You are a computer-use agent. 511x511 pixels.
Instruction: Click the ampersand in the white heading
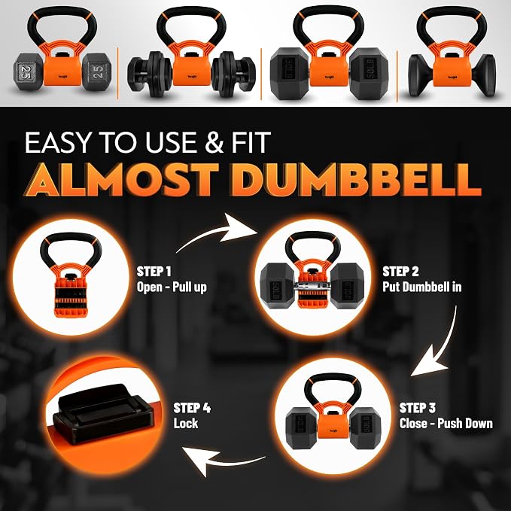(x=213, y=142)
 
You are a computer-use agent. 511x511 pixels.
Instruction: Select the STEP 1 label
(x=154, y=271)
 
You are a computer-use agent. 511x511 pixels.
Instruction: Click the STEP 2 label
(x=400, y=271)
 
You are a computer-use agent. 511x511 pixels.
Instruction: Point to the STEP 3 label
(x=418, y=408)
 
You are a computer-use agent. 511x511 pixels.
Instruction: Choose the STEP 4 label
(x=192, y=408)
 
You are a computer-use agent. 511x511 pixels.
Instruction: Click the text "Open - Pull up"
(x=172, y=287)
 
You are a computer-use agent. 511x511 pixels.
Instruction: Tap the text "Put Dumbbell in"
(x=422, y=287)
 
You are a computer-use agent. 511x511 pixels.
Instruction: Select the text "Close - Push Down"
(x=446, y=424)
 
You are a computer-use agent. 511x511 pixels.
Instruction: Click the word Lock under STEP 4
(x=186, y=424)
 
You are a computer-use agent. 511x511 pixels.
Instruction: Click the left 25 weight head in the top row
(x=27, y=72)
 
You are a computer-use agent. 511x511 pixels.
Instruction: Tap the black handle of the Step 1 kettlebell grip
(x=71, y=242)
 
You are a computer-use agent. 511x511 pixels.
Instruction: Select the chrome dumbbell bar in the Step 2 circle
(x=312, y=287)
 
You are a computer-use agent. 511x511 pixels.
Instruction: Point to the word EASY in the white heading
(x=57, y=142)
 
